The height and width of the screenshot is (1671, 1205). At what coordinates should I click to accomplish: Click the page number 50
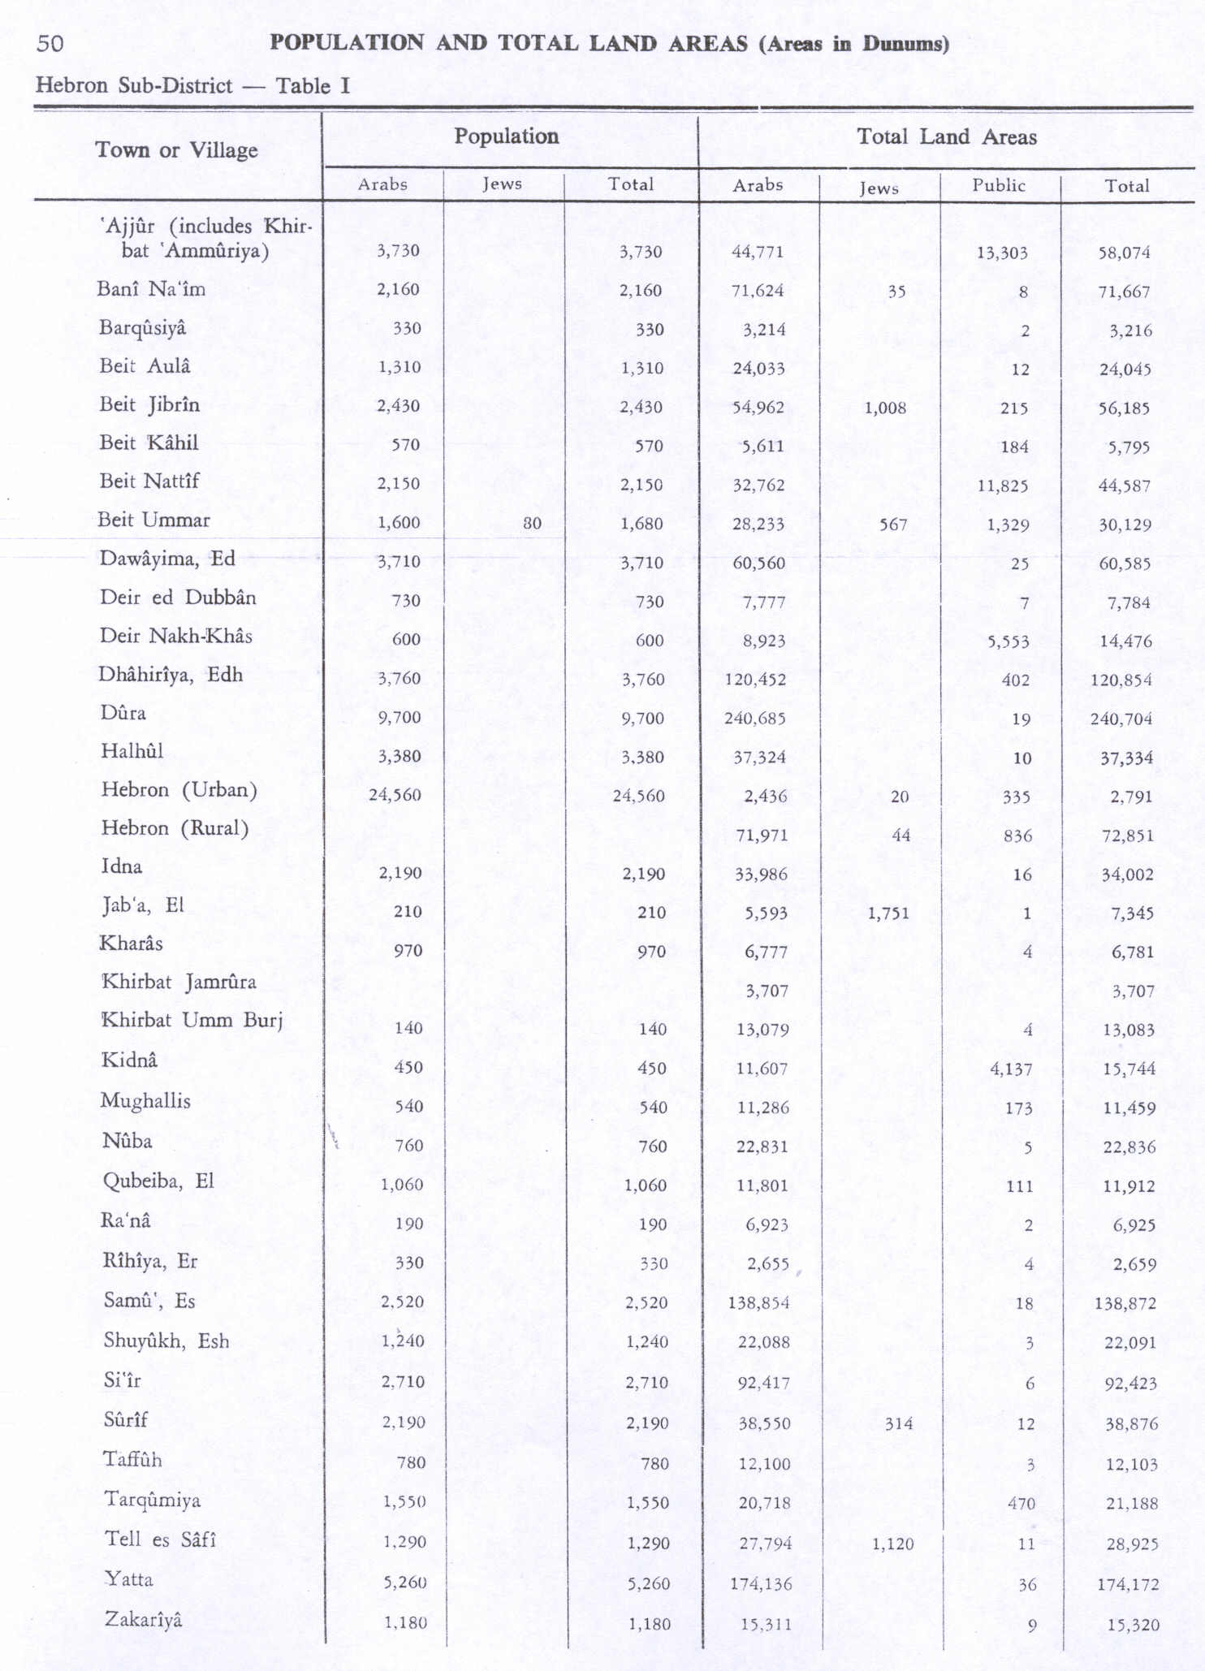tap(50, 43)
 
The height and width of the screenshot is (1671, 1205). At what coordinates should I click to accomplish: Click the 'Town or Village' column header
tap(176, 150)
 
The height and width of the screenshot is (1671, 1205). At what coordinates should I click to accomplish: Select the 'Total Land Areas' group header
tap(946, 136)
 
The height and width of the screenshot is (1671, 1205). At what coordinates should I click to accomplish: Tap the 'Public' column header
tap(999, 185)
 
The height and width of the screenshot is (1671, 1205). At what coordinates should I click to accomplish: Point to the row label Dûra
tap(123, 713)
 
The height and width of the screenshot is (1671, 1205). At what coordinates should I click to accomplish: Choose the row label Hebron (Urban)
tap(179, 789)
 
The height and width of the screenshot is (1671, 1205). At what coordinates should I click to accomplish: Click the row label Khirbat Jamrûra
tap(178, 982)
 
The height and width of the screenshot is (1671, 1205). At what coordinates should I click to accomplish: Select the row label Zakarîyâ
tap(143, 1619)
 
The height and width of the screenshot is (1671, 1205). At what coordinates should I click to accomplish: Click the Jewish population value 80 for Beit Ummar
tap(532, 524)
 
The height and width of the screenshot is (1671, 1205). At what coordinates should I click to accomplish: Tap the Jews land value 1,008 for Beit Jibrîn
tap(885, 408)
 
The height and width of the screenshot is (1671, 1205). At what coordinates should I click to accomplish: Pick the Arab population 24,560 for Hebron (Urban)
tap(395, 795)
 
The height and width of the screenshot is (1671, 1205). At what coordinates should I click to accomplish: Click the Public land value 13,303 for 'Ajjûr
tap(1002, 253)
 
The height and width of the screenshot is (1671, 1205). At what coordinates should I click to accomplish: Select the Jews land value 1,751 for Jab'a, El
tap(888, 913)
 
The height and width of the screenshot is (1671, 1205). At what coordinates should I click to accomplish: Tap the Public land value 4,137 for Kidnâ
tap(1011, 1069)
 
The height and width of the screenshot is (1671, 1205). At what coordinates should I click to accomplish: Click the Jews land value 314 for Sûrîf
tap(899, 1423)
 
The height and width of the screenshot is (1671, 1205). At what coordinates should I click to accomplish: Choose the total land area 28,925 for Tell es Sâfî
tap(1132, 1544)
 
